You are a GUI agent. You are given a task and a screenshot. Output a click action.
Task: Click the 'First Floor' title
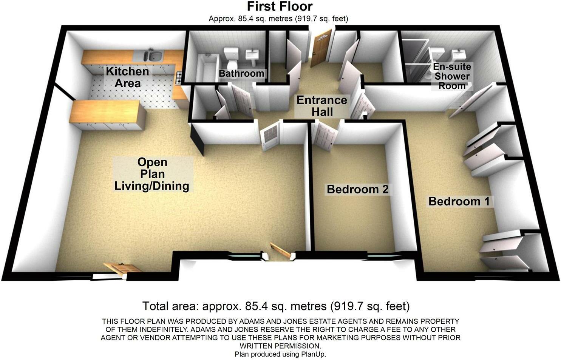[280, 6]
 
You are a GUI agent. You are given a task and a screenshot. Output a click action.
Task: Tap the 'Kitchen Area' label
[127, 77]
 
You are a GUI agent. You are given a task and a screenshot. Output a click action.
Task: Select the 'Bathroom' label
[241, 73]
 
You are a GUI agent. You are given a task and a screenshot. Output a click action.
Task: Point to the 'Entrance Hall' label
[322, 106]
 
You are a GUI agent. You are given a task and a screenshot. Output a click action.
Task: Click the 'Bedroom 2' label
[357, 189]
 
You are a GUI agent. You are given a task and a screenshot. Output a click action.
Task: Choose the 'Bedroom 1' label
[459, 201]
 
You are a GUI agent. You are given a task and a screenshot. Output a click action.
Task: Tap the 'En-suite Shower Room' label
[452, 76]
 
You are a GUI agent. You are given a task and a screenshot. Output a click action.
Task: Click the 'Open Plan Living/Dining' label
[152, 174]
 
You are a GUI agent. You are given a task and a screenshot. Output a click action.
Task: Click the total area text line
[276, 306]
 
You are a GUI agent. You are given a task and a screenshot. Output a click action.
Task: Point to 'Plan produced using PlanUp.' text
[280, 354]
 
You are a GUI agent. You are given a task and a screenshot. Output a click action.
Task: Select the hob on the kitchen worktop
[178, 77]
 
